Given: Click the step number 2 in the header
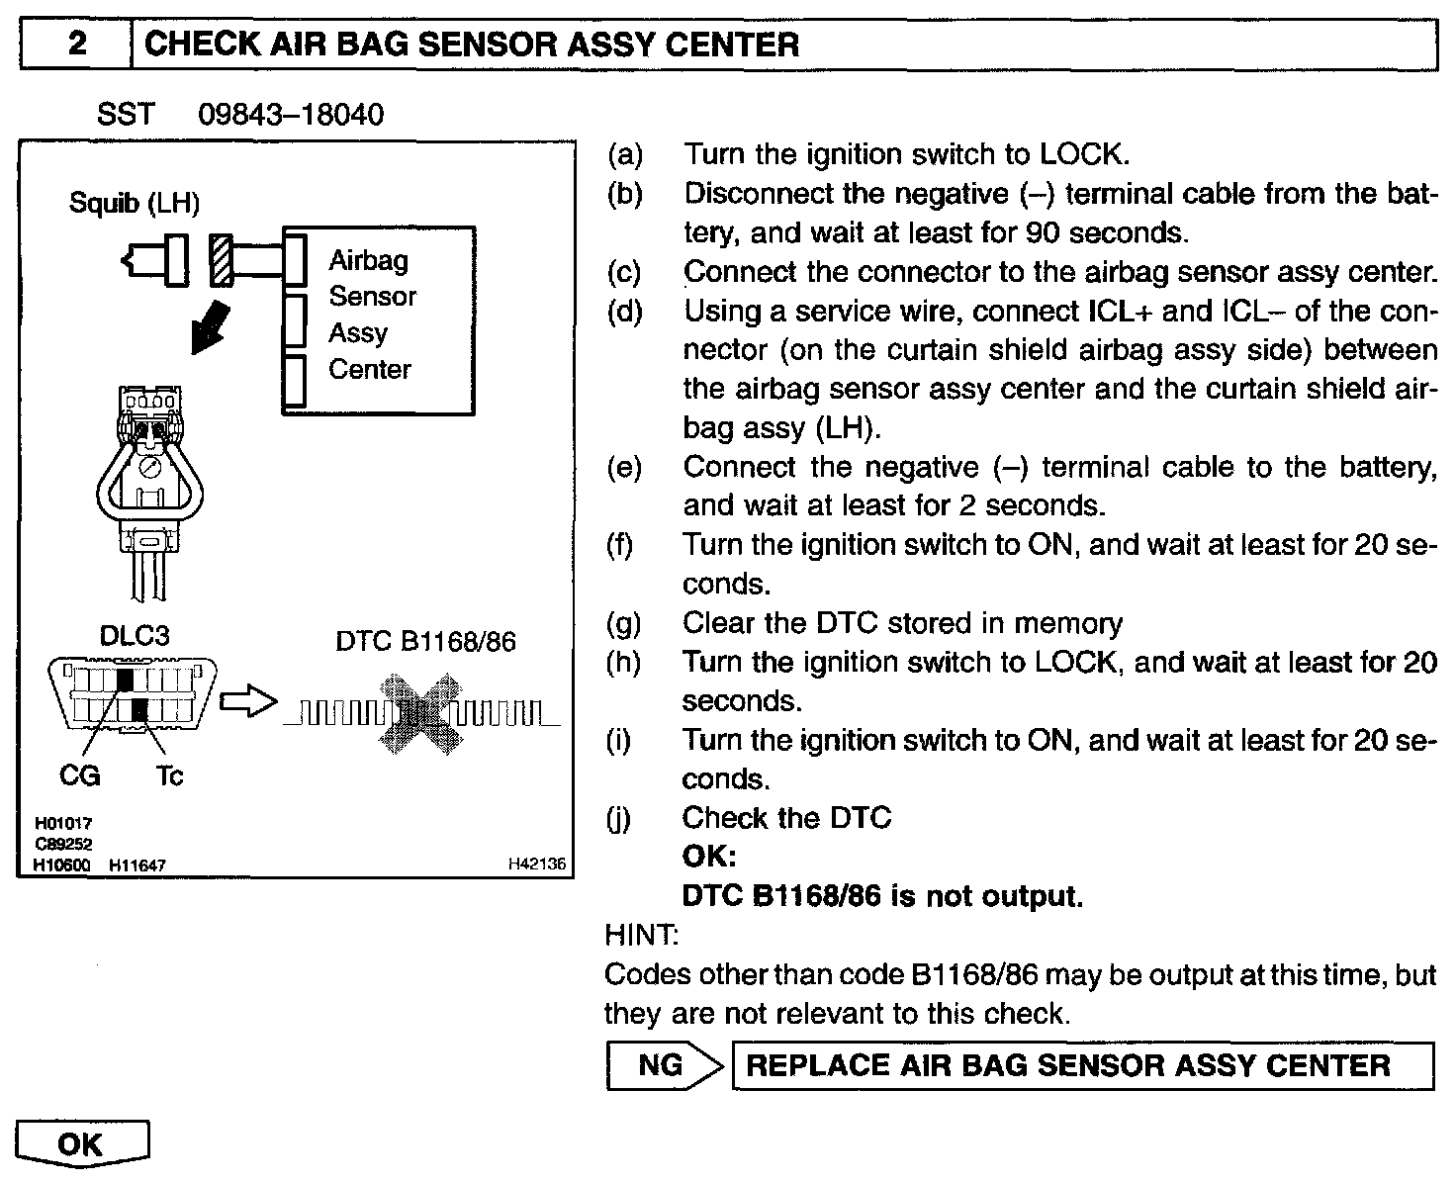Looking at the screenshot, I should coord(75,45).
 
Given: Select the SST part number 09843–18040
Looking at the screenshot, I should coord(291,115).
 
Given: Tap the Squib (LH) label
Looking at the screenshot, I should coord(135,204).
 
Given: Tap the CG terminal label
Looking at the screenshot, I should coord(80,776).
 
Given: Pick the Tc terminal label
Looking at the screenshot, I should coord(169,776).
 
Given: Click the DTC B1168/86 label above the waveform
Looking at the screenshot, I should coord(425,642).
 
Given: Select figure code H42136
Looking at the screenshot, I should coord(536,864).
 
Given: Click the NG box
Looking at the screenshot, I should coord(661,1065).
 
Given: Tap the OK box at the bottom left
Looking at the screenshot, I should coord(81,1144).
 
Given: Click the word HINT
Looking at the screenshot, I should coord(640,934).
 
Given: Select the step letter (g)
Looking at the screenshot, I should coord(624,623).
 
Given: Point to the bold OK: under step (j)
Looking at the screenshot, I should coord(709,857).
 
